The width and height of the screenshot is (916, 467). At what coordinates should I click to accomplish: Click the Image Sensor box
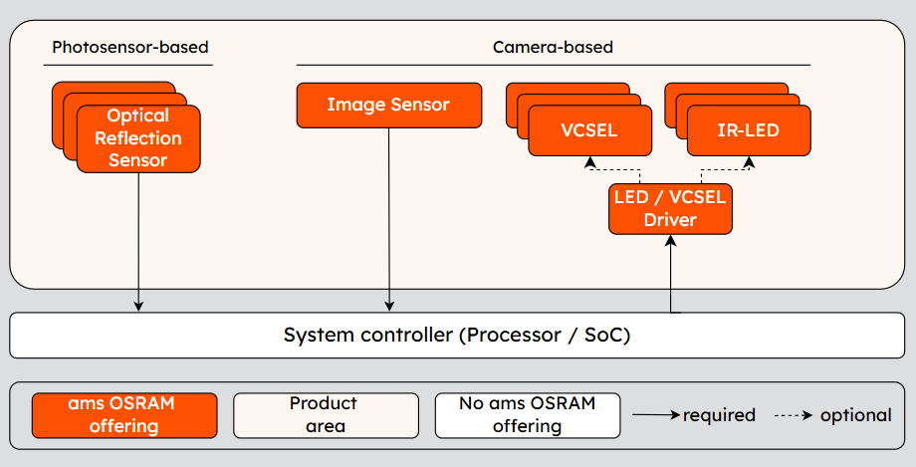pos(389,105)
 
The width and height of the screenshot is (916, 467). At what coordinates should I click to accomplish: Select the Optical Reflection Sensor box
pos(138,138)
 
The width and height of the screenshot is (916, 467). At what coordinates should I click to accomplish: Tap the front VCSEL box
pos(589,130)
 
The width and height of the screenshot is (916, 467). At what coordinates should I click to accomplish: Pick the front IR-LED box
pos(748,130)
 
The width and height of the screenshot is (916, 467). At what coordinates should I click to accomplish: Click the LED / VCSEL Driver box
pos(669,208)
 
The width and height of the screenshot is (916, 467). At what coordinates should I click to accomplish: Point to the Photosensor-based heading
pos(130,47)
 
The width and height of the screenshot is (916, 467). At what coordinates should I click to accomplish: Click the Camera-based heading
pos(553,47)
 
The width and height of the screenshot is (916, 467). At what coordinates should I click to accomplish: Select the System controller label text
pos(457,335)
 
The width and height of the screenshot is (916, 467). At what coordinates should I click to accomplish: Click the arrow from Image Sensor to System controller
pos(389,219)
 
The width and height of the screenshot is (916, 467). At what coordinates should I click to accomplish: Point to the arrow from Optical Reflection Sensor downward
pos(138,239)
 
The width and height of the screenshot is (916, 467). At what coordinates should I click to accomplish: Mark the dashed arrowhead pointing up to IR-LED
pos(749,161)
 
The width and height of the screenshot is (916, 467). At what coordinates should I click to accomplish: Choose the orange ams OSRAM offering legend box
pos(123,415)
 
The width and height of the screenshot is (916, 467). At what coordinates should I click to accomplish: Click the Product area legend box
pos(326,415)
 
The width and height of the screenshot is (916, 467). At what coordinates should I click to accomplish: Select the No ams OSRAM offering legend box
pos(527,415)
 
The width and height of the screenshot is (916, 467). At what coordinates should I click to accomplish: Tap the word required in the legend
pos(719,415)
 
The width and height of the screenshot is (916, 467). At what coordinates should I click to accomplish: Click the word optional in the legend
pos(855,415)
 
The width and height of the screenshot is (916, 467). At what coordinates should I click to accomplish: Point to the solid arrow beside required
pos(656,415)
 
